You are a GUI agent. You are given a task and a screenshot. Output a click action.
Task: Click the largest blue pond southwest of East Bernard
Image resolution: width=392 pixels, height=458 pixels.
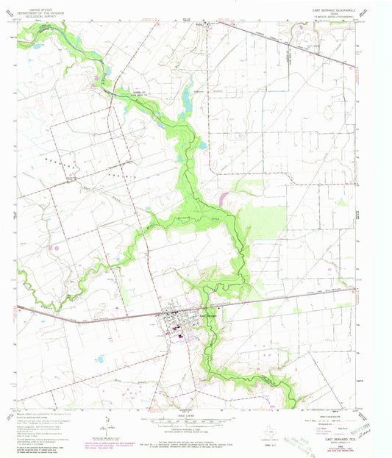pyautogui.click(x=99, y=359)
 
